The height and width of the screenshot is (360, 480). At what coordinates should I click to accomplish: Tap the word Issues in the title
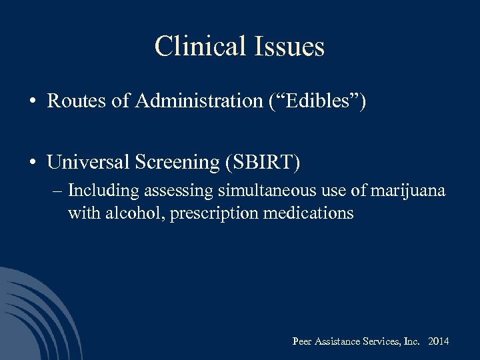click(x=289, y=46)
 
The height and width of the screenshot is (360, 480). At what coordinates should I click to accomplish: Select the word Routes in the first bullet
click(x=72, y=101)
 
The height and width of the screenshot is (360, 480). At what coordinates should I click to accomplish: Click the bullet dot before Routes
click(x=32, y=102)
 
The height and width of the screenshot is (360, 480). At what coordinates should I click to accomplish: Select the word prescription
click(x=211, y=213)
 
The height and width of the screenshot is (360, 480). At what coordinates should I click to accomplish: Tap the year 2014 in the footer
click(x=438, y=341)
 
